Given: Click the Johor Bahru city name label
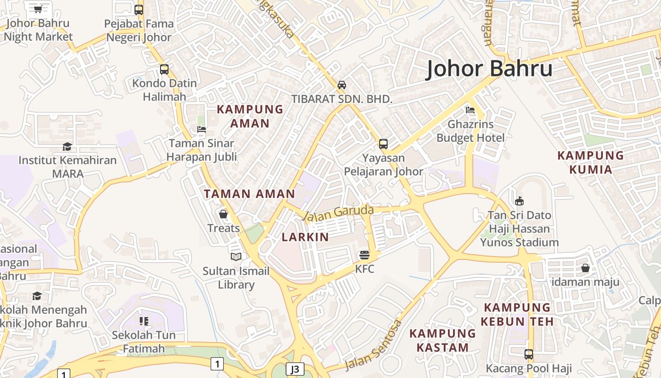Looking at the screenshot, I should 489,69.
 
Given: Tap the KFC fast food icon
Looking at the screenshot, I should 364,256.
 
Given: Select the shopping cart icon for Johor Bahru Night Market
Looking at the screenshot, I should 38,9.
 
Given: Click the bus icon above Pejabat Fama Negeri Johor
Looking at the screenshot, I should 139,9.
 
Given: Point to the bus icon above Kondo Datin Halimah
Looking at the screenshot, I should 164,69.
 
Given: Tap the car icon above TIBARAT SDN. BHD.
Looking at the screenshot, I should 342,85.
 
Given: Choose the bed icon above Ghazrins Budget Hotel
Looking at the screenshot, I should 470,110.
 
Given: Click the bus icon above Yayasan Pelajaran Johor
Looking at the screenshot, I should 383,144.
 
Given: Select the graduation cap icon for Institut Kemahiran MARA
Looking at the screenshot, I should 67,146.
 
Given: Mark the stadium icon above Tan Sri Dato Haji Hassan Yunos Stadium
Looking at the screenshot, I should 519,201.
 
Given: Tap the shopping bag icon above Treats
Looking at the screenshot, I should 223,215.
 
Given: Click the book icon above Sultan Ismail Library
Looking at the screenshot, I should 236,257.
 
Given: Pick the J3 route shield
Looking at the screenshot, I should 295,369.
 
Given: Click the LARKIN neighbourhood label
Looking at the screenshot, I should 305,237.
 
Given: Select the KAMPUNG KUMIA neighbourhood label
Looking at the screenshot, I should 590,163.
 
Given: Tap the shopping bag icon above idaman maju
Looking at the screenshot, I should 585,268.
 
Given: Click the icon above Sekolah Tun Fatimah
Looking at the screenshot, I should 144,322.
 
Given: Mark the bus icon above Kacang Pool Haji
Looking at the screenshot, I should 529,354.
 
